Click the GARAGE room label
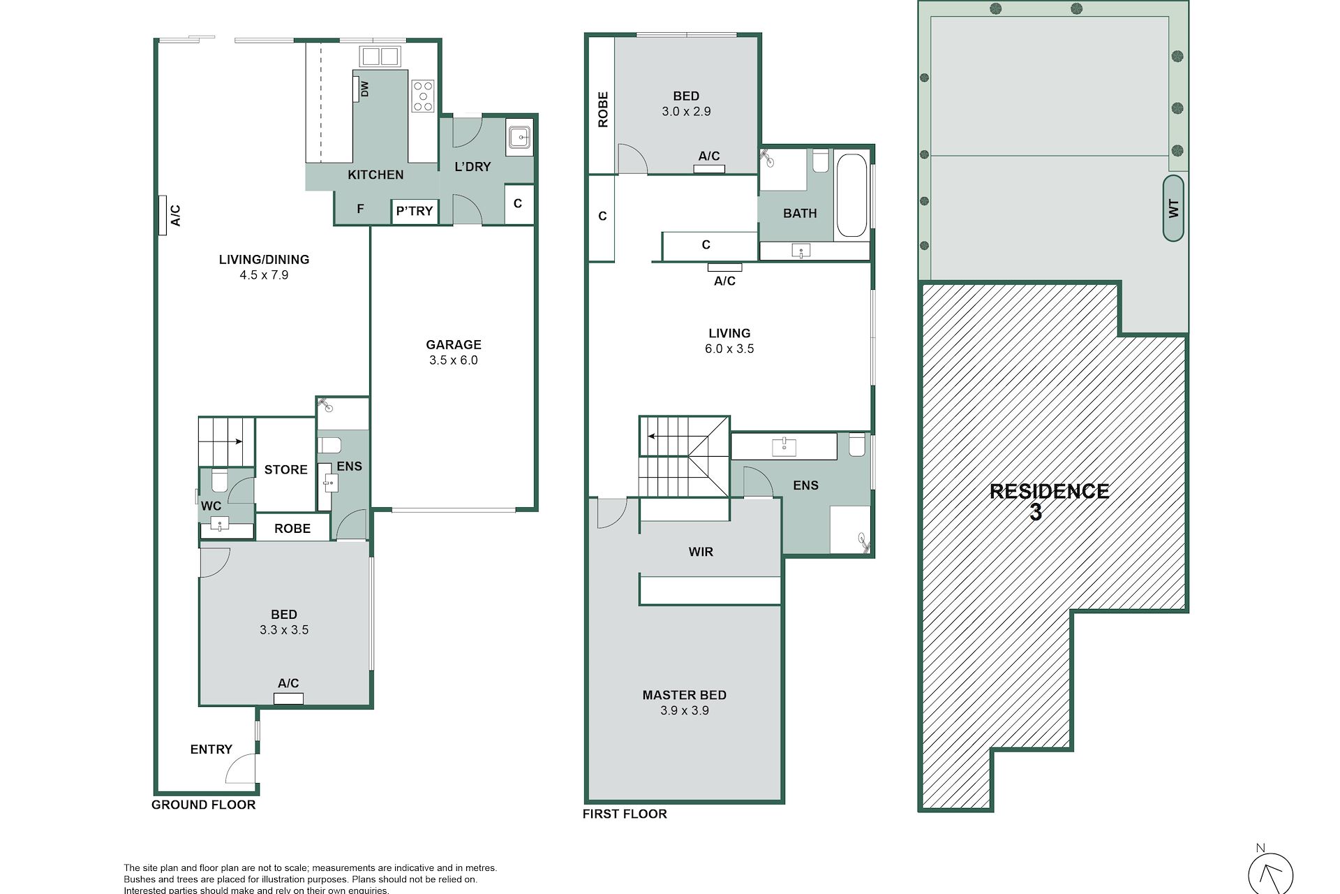[454, 344]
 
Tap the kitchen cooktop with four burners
[423, 96]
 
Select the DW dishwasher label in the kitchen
[364, 89]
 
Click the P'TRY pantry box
[415, 210]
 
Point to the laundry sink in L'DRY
[519, 137]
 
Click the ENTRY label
[211, 749]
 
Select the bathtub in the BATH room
[851, 195]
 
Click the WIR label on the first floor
[701, 552]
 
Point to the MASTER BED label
[684, 695]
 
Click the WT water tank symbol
[1174, 208]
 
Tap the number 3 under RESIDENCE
[1036, 513]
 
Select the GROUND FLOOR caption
[204, 805]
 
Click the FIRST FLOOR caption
[625, 814]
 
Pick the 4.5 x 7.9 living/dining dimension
[264, 275]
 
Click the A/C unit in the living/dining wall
[163, 215]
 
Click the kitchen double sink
[380, 56]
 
